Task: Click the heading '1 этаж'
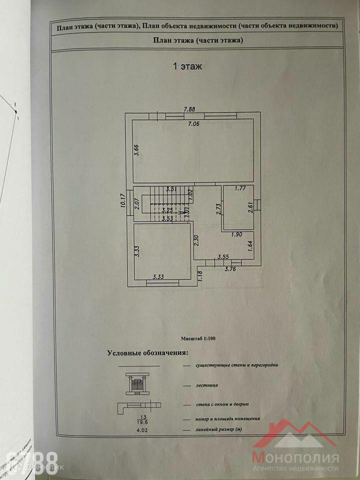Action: (x=187, y=66)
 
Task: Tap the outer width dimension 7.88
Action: (x=189, y=109)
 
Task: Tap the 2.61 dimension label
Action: (x=250, y=207)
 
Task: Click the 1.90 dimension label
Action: (x=237, y=234)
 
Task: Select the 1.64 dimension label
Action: (x=250, y=245)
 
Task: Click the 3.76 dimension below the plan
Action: (x=230, y=269)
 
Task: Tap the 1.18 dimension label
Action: (x=200, y=276)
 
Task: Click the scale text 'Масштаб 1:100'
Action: (x=199, y=338)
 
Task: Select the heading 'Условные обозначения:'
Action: (x=147, y=352)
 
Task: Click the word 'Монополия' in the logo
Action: (x=295, y=457)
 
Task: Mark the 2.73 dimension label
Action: (x=218, y=208)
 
